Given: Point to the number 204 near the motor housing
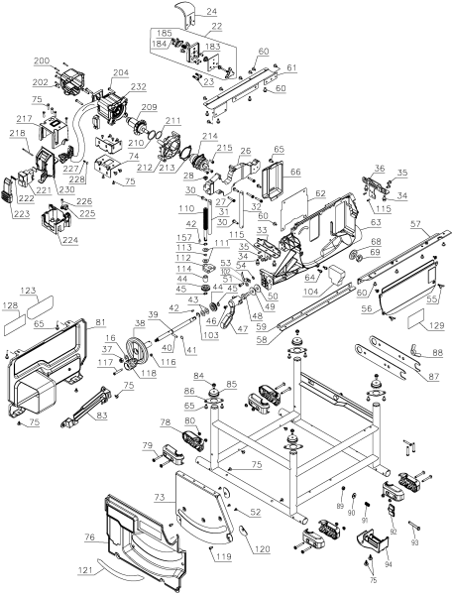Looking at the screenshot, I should click(x=120, y=72).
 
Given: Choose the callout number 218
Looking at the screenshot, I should click(x=17, y=133).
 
